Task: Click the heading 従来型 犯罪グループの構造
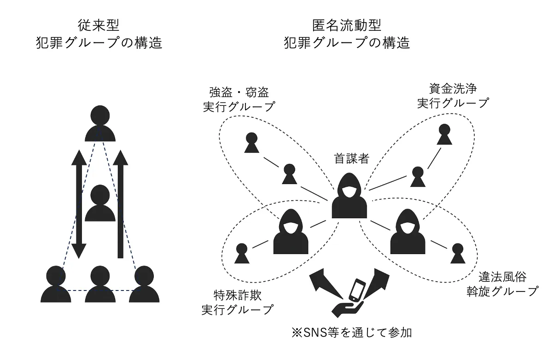click(x=99, y=34)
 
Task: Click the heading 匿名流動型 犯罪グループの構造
click(x=347, y=34)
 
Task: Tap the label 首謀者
click(x=351, y=159)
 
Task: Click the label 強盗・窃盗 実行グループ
click(x=239, y=99)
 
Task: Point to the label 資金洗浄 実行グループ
click(x=452, y=95)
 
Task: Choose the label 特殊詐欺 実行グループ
click(x=237, y=302)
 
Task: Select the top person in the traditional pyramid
click(x=100, y=123)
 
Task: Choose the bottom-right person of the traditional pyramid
click(x=144, y=285)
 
